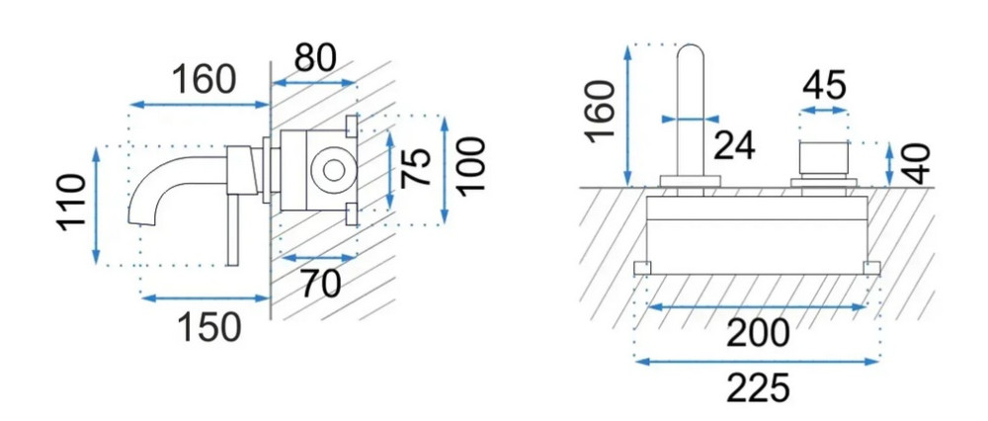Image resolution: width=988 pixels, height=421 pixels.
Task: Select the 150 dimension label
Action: point(207,326)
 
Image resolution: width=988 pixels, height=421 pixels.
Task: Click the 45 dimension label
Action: point(823,85)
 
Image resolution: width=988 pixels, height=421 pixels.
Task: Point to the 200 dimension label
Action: point(757,334)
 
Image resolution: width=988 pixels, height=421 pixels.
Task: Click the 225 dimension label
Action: point(757,387)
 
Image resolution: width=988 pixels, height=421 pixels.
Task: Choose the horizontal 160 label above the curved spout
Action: point(204,79)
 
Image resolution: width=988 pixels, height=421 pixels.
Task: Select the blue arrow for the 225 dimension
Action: point(757,363)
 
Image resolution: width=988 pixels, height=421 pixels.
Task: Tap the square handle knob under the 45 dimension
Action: point(823,158)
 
